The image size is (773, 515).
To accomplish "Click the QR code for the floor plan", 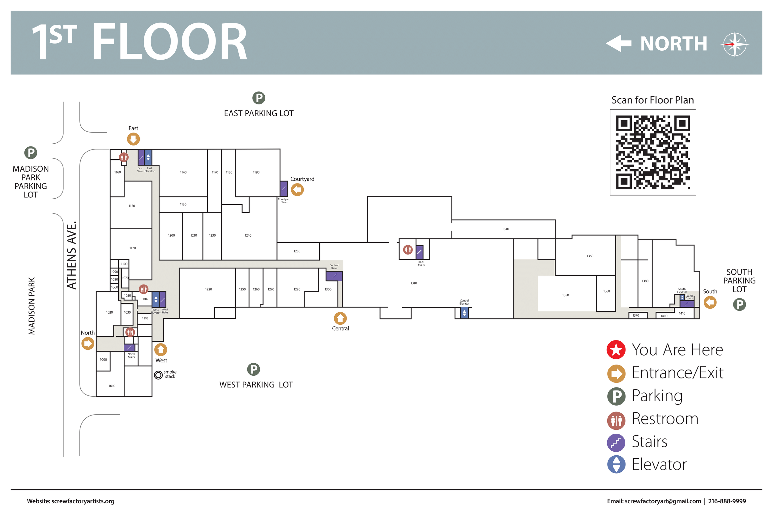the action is tap(653, 152).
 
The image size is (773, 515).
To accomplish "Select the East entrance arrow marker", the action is tap(134, 139).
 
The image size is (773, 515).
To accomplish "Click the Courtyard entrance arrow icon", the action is tap(297, 189).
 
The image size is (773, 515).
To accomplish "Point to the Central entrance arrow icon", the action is tap(340, 318).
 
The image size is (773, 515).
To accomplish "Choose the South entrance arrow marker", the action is tap(710, 302).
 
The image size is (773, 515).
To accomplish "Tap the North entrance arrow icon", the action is tap(88, 344).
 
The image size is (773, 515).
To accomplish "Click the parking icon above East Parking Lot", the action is tap(259, 98).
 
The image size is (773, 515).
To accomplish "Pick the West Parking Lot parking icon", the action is tap(254, 369).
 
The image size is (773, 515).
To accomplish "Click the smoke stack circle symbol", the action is tap(158, 374).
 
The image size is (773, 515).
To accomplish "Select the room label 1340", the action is tap(506, 229).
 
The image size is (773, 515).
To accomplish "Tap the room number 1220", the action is tap(208, 289).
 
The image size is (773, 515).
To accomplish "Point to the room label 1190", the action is tap(256, 172).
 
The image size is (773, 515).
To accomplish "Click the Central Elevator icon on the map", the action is tap(464, 313).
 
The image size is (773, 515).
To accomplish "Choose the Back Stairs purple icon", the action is tap(419, 252).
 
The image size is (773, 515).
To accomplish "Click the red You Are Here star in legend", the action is tap(616, 349).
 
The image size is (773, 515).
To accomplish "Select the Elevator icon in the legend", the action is tap(616, 464).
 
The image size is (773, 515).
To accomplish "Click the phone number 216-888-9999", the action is tap(727, 501).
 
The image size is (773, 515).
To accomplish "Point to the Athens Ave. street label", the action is tap(72, 255).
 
